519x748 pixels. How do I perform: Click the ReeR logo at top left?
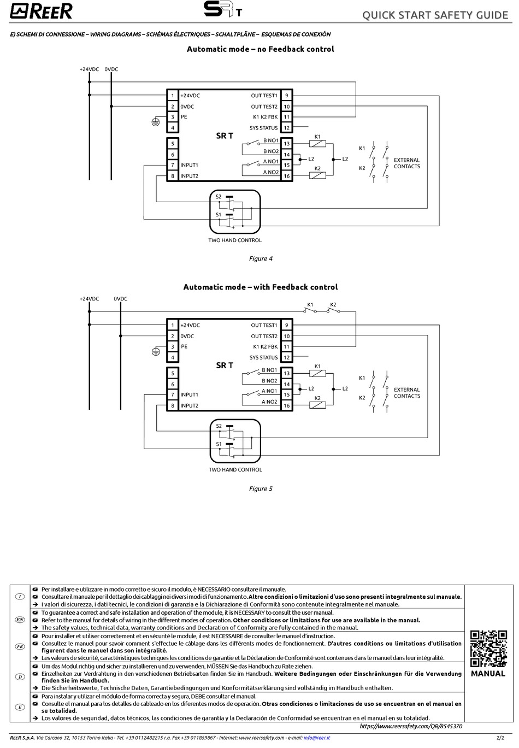point(41,11)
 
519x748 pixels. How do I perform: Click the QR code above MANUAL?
point(488,649)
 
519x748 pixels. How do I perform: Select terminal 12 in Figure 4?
point(286,128)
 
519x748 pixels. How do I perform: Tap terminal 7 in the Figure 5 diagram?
point(173,394)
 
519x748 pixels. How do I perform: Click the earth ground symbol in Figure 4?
point(155,122)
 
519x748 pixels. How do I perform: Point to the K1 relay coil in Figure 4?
point(317,144)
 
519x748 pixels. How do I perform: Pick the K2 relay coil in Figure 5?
point(317,405)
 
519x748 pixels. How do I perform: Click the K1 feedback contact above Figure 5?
point(310,310)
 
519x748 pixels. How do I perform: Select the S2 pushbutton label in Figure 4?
point(219,197)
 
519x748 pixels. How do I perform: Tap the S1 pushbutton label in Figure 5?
point(219,444)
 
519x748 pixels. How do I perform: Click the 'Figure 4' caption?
point(261,259)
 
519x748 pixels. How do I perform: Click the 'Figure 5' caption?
point(261,489)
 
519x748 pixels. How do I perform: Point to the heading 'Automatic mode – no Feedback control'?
point(261,49)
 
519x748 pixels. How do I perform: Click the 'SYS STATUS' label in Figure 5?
point(263,358)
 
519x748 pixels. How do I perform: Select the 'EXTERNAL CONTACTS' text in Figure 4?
point(407,163)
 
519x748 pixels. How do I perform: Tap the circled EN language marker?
point(20,620)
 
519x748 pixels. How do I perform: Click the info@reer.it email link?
point(317,738)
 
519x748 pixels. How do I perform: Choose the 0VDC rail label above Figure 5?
point(121,299)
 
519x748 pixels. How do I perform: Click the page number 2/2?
point(500,738)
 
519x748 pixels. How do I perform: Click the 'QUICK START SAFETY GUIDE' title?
point(435,15)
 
